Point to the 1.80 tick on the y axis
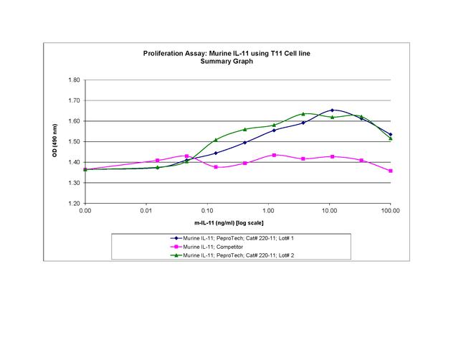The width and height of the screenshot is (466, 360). click(x=74, y=80)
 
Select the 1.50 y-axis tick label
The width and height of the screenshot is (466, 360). click(x=74, y=141)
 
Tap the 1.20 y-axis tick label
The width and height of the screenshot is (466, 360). click(x=74, y=203)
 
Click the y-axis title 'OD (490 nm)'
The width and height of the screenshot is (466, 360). click(x=55, y=142)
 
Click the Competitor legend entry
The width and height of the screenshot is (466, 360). click(x=215, y=246)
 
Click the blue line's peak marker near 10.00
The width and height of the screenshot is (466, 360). click(x=332, y=110)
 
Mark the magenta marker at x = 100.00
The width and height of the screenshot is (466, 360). click(x=390, y=171)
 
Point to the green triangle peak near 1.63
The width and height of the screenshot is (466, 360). click(x=303, y=114)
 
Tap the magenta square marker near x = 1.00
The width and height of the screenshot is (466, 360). click(x=274, y=155)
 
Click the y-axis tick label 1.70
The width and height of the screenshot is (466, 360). click(x=74, y=100)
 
